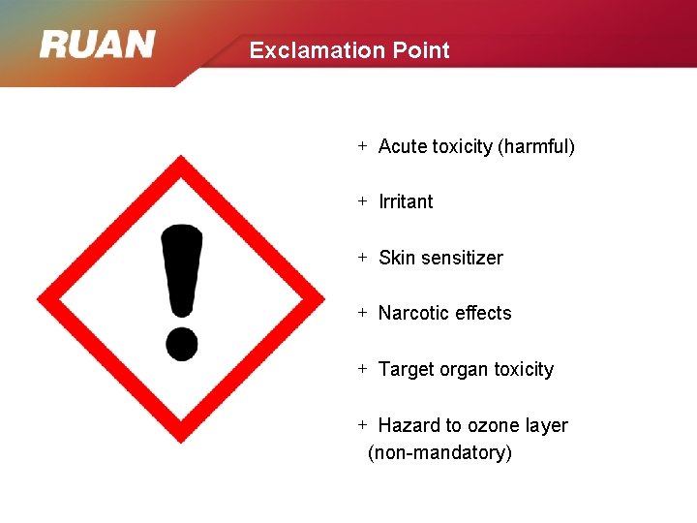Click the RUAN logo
pos(97,45)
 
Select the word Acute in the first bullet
pos(403,146)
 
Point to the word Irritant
pos(406,201)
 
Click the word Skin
pos(395,258)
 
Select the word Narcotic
pos(411,313)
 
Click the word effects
pos(481,313)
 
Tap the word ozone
pos(495,425)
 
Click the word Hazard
pos(409,425)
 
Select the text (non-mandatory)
pos(439,452)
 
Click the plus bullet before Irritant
pos(362,201)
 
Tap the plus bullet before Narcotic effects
pos(362,313)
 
